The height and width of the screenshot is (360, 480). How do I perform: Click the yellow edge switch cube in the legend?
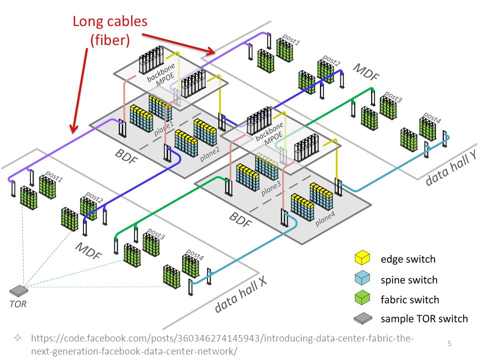click(x=362, y=257)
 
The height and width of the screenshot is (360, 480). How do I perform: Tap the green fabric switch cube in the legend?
click(x=362, y=297)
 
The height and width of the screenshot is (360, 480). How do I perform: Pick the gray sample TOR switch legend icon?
click(x=363, y=318)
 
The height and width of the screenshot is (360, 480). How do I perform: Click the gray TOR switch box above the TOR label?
click(x=18, y=290)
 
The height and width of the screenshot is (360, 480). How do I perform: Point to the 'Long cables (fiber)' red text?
click(x=110, y=31)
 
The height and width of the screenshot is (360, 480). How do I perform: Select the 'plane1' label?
click(x=164, y=128)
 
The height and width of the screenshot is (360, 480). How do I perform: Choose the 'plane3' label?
click(x=271, y=188)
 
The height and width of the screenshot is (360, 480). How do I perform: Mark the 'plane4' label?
click(x=325, y=219)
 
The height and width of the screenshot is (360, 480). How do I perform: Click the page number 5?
click(x=449, y=343)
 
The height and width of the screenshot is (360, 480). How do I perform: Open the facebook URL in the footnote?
click(x=222, y=344)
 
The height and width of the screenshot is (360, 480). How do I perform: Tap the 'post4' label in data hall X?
click(x=195, y=254)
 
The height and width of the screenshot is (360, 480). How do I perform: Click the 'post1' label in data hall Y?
click(x=291, y=39)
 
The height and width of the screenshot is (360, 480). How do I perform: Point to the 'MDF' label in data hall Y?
click(x=366, y=72)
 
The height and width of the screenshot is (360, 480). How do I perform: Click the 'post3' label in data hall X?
click(x=156, y=233)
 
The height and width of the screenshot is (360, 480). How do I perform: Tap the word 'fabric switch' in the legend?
click(x=410, y=299)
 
